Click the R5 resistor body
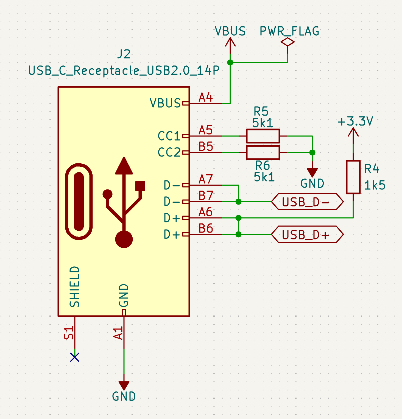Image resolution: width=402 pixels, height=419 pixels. click(263, 136)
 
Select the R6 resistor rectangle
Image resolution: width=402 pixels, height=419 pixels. click(263, 152)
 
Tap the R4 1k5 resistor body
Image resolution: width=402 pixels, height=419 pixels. click(353, 177)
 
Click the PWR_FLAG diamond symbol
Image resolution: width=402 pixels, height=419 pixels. click(287, 42)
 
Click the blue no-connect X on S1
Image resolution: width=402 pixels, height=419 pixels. click(75, 357)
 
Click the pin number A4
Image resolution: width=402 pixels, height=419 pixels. click(206, 97)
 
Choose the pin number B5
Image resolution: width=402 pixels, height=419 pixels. click(206, 147)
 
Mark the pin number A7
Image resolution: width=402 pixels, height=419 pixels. click(206, 179)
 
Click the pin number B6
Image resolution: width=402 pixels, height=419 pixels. click(206, 228)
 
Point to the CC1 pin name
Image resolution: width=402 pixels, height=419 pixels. click(169, 136)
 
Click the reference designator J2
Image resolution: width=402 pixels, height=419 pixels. click(124, 54)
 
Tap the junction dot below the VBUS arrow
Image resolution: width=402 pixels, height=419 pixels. click(230, 63)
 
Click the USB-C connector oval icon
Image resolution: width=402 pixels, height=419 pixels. click(79, 202)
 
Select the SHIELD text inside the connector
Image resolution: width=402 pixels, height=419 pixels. click(74, 287)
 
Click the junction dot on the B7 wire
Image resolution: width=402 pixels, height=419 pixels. click(238, 202)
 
